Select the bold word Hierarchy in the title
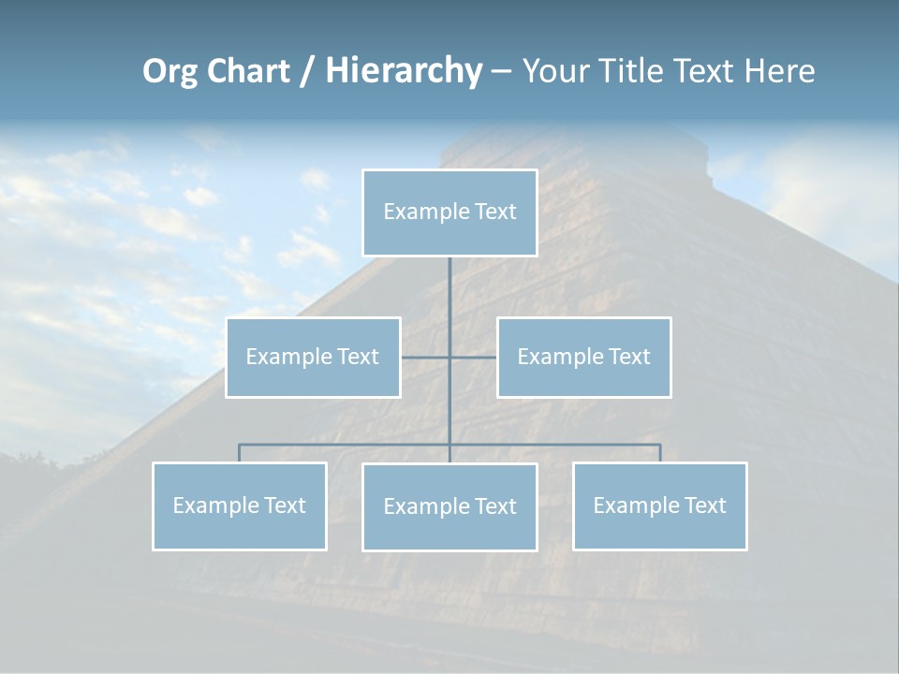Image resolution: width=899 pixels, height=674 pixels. point(403,71)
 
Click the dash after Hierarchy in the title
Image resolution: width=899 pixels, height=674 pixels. point(501,71)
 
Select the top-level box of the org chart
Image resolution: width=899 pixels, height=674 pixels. point(449,212)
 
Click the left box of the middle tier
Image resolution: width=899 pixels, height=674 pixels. point(313,357)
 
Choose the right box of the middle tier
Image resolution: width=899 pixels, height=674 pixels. point(583,357)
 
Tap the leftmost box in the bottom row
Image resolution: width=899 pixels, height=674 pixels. point(240,505)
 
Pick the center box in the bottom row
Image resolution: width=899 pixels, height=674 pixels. point(449,506)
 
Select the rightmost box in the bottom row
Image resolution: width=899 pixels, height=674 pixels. point(659,505)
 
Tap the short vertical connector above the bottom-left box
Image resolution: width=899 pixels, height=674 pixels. point(240,453)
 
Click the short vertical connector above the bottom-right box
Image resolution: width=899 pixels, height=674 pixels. point(660,453)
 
